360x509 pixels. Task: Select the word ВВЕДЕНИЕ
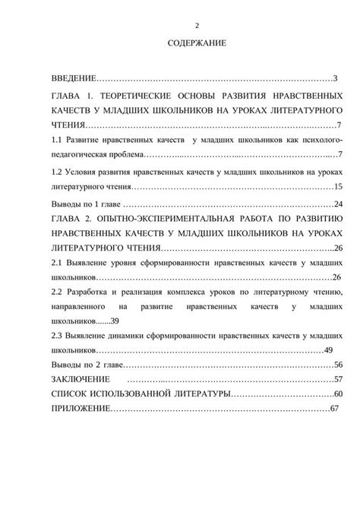74,78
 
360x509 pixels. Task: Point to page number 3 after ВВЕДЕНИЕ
335,78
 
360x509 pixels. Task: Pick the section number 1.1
55,141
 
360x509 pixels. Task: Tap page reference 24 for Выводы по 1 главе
338,204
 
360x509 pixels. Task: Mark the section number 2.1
55,262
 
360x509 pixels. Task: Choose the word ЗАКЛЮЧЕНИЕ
75,379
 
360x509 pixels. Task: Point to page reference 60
339,394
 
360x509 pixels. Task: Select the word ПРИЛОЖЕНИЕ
80,409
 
